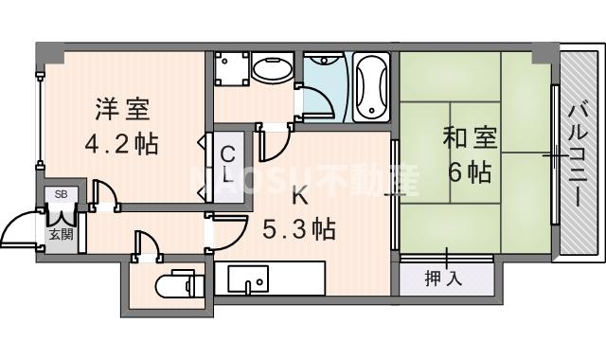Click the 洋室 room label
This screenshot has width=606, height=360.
(x=122, y=109)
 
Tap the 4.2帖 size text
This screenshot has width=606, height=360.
(x=122, y=145)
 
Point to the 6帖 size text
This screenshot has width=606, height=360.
(x=468, y=172)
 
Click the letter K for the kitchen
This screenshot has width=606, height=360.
(x=298, y=196)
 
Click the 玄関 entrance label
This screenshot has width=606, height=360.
(x=61, y=234)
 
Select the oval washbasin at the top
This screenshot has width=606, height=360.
(x=274, y=69)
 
